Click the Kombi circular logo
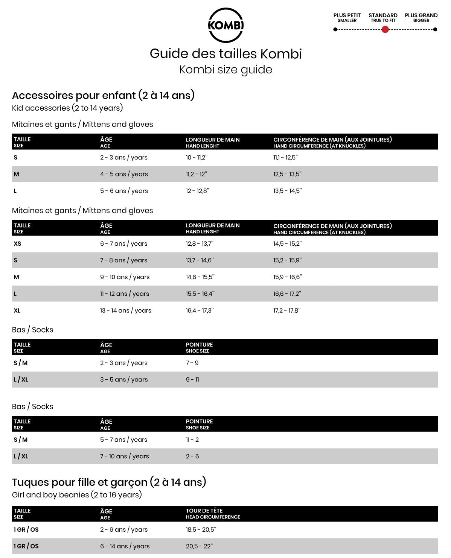point(225,25)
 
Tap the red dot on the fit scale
point(385,29)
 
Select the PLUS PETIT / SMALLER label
point(347,17)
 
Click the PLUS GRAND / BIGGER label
point(421,17)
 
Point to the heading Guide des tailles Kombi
point(225,54)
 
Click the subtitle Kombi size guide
point(225,70)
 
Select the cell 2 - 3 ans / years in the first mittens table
point(124,158)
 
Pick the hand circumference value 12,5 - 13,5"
point(287,174)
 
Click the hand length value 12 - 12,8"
point(197,191)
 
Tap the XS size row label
point(17,244)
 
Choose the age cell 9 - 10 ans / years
point(125,277)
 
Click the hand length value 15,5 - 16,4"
point(200,294)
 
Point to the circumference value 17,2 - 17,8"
point(287,310)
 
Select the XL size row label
point(17,310)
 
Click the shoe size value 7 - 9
point(192,363)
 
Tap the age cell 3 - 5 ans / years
point(124,380)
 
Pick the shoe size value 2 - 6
point(192,456)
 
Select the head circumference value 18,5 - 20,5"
point(201,530)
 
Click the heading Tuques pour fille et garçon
point(109,482)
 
